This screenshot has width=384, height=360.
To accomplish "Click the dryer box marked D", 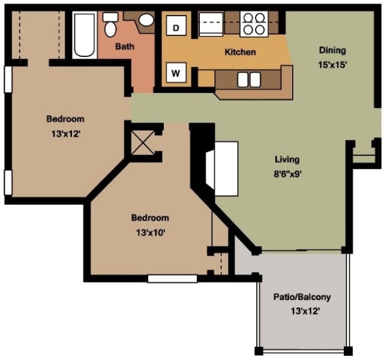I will click(x=176, y=27).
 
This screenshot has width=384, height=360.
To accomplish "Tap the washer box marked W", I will click(x=176, y=73).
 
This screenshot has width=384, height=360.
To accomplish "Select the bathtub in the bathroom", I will click(x=85, y=35).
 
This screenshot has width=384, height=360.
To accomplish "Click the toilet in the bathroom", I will click(x=110, y=26).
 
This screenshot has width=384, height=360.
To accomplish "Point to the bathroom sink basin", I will click(x=146, y=20).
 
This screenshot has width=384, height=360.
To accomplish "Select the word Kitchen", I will click(x=240, y=52).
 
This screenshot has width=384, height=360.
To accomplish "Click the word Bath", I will click(x=125, y=46).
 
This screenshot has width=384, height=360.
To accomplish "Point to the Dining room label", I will click(x=332, y=50).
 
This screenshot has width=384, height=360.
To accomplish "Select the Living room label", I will click(x=287, y=160).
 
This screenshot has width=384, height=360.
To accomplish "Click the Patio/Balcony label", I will click(x=302, y=297).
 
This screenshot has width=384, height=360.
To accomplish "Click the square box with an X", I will click(x=143, y=143).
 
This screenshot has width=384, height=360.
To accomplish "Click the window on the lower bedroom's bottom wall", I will click(x=172, y=278).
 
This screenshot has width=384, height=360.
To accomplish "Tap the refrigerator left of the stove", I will click(x=211, y=23).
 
